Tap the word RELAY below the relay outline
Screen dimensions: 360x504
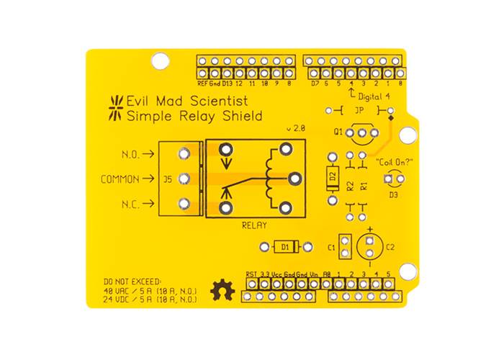pyautogui.click(x=256, y=225)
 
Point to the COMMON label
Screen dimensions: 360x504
pyautogui.click(x=120, y=179)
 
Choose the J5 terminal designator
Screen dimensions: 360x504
pyautogui.click(x=167, y=179)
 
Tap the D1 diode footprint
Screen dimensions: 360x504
pyautogui.click(x=285, y=247)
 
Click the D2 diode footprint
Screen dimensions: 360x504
pyautogui.click(x=333, y=176)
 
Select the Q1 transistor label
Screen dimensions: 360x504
pyautogui.click(x=338, y=132)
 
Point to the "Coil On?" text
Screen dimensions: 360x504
pyautogui.click(x=393, y=162)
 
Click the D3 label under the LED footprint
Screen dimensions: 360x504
pyautogui.click(x=393, y=194)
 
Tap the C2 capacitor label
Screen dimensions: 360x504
pyautogui.click(x=390, y=247)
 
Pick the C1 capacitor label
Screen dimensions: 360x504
pyautogui.click(x=332, y=248)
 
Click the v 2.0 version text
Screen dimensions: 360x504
pyautogui.click(x=296, y=127)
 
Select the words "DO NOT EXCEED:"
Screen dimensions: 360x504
pyautogui.click(x=133, y=280)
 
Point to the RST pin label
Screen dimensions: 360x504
pyautogui.click(x=251, y=274)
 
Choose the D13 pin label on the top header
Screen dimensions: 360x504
pyautogui.click(x=227, y=84)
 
